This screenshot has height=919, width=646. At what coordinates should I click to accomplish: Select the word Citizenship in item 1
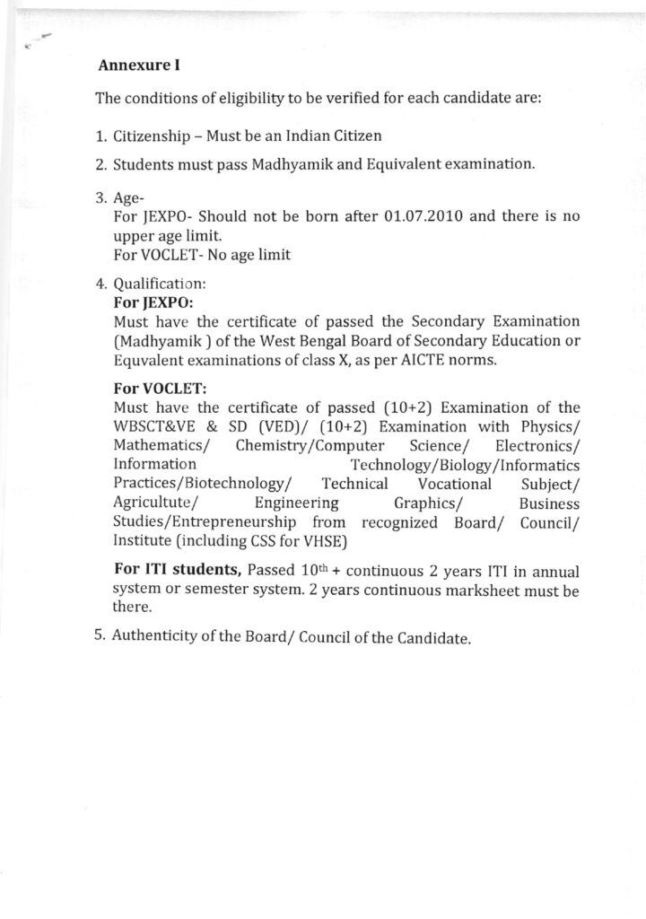pos(152,136)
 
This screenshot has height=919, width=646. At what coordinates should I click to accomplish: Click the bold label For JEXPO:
pos(147,303)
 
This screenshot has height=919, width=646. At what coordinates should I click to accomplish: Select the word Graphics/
pos(427,503)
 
